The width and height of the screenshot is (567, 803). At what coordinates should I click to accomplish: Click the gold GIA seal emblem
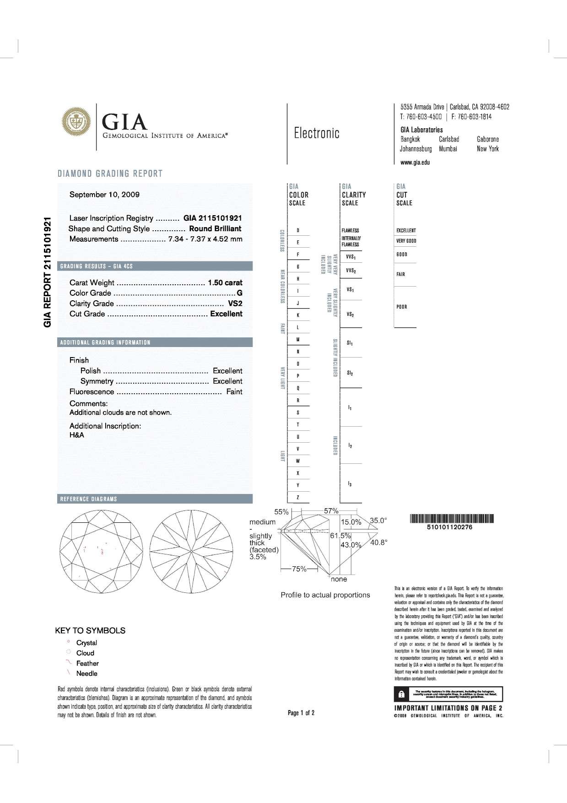tap(76, 121)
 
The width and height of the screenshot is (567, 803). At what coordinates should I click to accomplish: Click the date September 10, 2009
tap(104, 195)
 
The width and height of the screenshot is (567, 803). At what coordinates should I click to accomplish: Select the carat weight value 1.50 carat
tap(225, 282)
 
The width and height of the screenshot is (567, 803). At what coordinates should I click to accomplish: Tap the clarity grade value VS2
tap(235, 304)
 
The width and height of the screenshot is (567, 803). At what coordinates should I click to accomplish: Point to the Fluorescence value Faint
tap(234, 392)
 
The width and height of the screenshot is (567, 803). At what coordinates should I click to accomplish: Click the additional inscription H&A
tap(77, 435)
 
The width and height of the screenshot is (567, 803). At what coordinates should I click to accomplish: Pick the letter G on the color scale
tap(298, 266)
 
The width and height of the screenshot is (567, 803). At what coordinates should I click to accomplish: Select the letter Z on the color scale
tap(298, 497)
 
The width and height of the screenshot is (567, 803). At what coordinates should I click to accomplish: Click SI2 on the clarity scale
tap(350, 374)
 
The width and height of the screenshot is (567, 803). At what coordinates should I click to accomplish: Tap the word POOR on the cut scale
tap(402, 307)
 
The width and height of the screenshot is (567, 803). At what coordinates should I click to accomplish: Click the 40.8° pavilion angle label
tap(379, 543)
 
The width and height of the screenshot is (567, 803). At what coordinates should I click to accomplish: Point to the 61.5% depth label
tap(340, 536)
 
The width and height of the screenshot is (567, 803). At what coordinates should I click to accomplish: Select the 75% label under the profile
tap(299, 569)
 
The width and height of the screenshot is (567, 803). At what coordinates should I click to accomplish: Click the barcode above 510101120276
tap(452, 519)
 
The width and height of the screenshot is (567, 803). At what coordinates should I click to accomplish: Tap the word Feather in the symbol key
tap(87, 663)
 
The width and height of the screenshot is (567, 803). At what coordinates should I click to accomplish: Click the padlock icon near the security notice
tap(401, 694)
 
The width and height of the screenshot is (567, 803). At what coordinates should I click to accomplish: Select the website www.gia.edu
tap(415, 162)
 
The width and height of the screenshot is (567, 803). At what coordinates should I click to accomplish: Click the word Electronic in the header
tap(317, 133)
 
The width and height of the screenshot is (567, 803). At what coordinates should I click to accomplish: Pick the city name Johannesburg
tap(416, 149)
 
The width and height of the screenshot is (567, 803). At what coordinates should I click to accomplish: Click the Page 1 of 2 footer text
tap(301, 713)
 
